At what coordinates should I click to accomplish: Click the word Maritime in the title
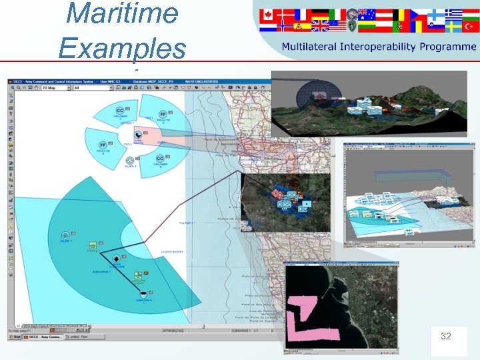pyautogui.click(x=124, y=14)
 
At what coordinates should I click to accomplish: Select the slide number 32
pyautogui.click(x=445, y=337)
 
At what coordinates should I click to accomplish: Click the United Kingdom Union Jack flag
pyautogui.click(x=320, y=26)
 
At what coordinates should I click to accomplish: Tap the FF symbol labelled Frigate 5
pyautogui.click(x=103, y=146)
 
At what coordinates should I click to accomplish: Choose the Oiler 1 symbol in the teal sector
pyautogui.click(x=65, y=236)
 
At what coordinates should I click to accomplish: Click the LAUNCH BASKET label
pyautogui.click(x=171, y=252)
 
